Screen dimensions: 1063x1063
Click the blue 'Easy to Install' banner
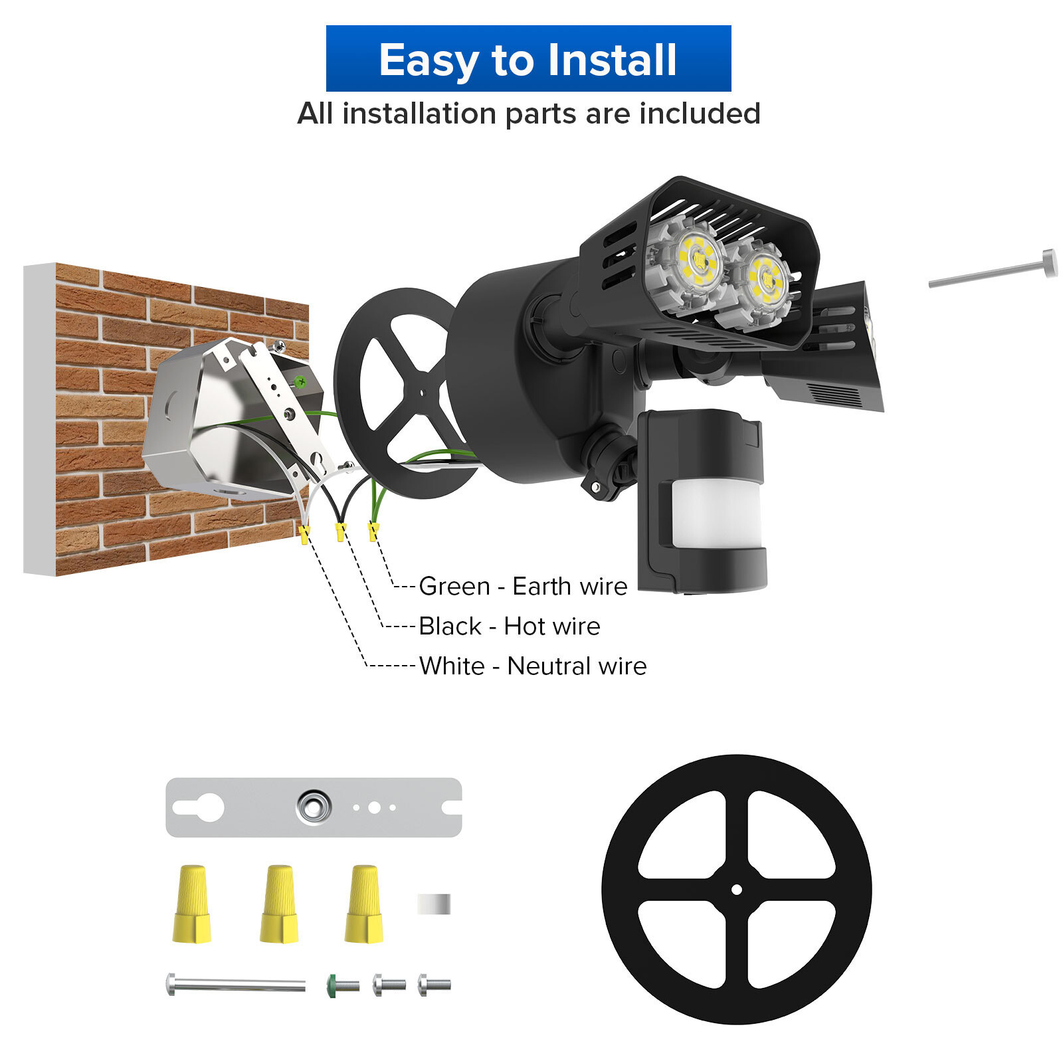point(528,58)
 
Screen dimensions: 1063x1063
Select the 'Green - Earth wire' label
point(523,586)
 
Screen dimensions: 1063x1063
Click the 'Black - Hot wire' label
point(510,626)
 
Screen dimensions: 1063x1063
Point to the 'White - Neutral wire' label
point(533,666)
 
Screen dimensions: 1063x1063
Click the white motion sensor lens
point(714,513)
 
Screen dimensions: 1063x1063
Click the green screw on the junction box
point(300,382)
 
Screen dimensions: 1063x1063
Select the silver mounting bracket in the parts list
point(314,807)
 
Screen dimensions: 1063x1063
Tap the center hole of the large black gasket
point(736,889)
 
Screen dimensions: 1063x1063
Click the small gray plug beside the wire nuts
point(434,904)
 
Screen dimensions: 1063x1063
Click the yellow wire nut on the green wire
point(373,531)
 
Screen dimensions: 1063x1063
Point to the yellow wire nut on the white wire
point(304,533)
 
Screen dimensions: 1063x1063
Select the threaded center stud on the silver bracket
point(313,807)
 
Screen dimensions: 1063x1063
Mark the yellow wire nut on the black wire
point(340,531)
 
